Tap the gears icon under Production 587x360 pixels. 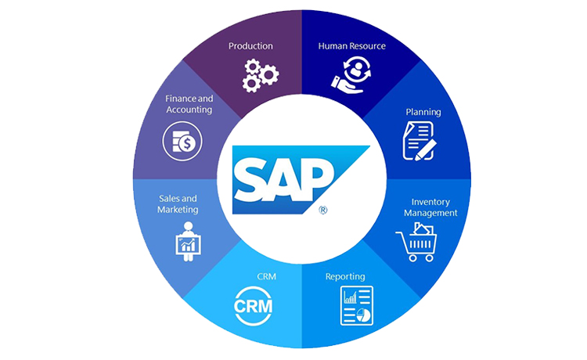point(258,72)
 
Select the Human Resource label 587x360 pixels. point(351,46)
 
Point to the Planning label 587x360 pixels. point(423,112)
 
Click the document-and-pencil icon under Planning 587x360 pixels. point(419,142)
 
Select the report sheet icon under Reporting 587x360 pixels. point(357,305)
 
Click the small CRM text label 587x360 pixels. point(266,276)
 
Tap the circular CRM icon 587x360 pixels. point(254,305)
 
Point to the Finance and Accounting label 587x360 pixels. point(189,104)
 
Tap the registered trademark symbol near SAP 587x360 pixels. point(322,210)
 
